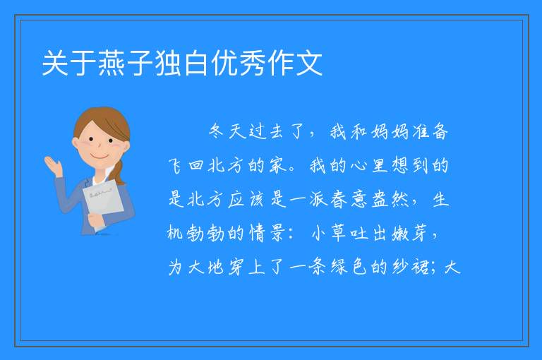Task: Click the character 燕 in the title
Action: (x=112, y=63)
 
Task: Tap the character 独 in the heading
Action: (x=169, y=63)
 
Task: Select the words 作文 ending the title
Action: (x=295, y=63)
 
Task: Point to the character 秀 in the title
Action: (x=253, y=63)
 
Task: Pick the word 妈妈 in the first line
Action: (x=390, y=131)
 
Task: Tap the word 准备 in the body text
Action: (x=430, y=131)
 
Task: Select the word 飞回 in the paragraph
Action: (x=186, y=165)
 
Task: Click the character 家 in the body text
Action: (x=277, y=165)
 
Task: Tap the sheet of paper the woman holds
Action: (x=102, y=203)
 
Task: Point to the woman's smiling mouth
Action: (x=100, y=156)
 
